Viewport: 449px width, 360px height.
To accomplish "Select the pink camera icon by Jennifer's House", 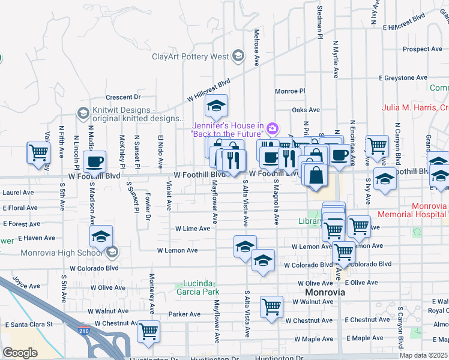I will (x=273, y=128).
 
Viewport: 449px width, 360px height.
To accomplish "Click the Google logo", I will (x=20, y=353).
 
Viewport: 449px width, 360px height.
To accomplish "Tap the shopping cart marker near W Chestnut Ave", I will (x=148, y=331).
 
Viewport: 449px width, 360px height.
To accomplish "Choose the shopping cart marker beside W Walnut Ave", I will (x=271, y=307).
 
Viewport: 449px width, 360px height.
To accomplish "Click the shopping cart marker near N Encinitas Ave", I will (x=377, y=145).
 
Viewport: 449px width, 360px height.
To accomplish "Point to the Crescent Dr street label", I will (x=122, y=97).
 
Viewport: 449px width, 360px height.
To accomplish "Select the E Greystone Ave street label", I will (x=403, y=78).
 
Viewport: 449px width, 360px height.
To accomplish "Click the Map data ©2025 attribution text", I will (x=424, y=355).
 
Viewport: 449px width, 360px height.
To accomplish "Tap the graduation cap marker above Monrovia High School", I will (x=101, y=236).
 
